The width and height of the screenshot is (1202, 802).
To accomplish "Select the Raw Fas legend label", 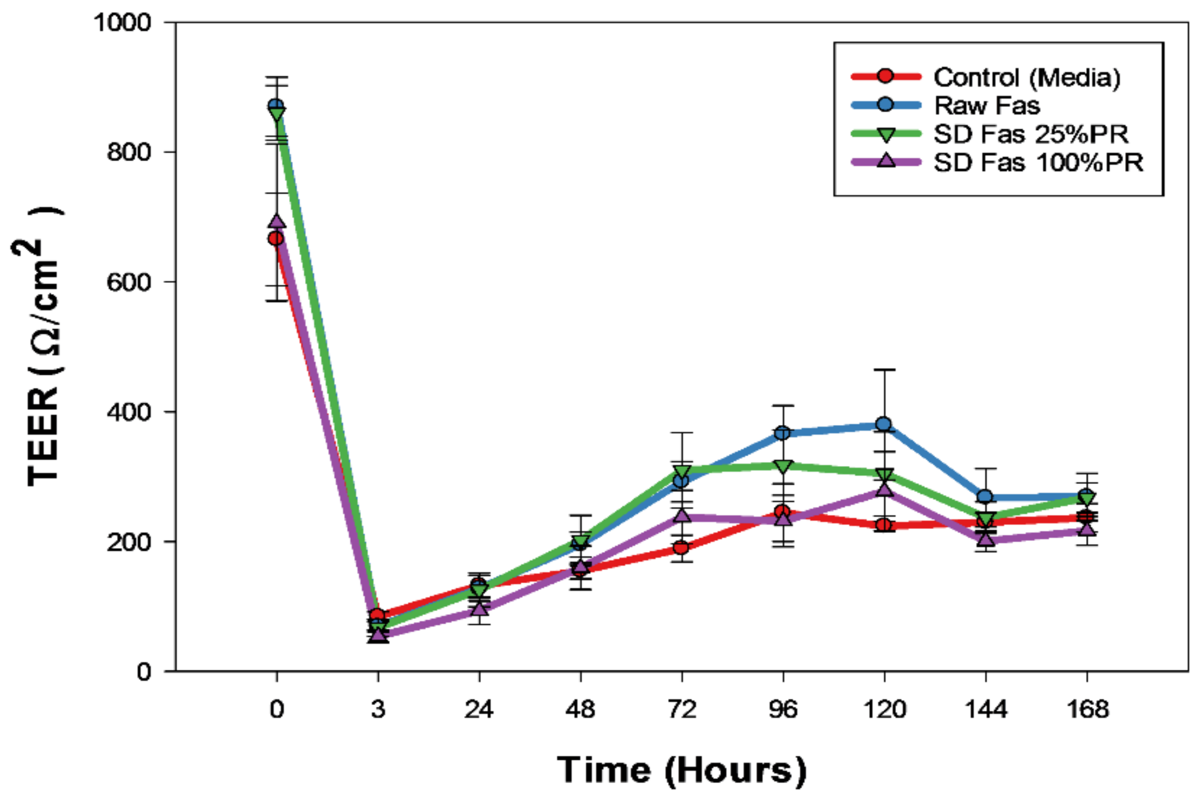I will point(987,106).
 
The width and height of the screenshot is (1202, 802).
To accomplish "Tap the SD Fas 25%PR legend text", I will point(1031,135).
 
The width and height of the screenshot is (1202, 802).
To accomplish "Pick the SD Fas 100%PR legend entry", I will point(1038,163).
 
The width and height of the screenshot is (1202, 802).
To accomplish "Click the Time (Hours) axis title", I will point(682,770).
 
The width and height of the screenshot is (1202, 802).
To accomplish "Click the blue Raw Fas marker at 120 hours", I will point(884,424).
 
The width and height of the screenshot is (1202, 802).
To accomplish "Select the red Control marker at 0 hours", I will point(276,239).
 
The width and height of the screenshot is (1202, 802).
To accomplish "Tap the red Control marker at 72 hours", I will point(682,548).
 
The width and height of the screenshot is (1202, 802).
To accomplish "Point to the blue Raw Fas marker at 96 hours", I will point(783,433).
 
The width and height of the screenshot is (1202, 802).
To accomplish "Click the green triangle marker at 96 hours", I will point(783,466).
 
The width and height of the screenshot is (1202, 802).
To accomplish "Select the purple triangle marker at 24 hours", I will point(479,609).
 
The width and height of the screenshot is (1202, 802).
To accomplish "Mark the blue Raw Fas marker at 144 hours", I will point(985,496).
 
